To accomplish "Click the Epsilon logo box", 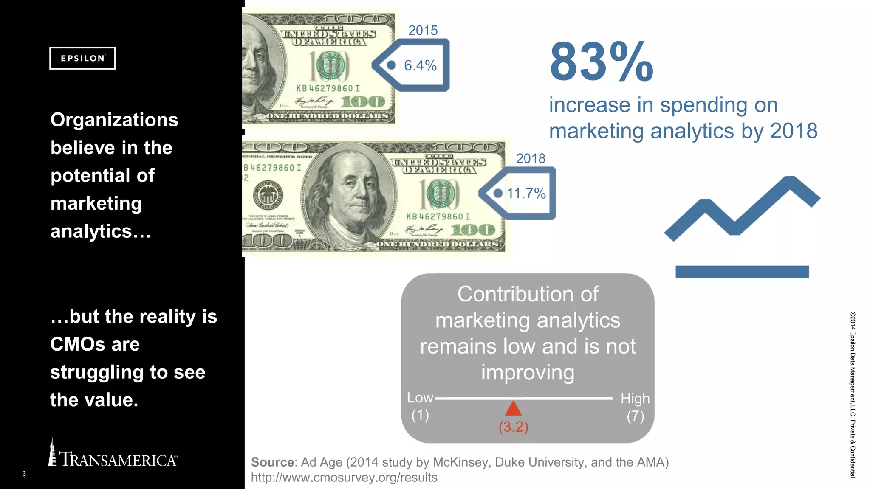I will (x=82, y=58).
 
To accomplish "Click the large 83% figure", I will (x=601, y=62).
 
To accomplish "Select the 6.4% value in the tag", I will (x=420, y=65).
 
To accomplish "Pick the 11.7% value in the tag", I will (x=526, y=194).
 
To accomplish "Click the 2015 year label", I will (x=423, y=31).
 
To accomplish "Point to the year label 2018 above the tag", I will (x=531, y=158).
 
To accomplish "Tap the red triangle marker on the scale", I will (x=513, y=408).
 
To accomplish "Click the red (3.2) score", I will (x=513, y=427).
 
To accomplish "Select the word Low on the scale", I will (x=420, y=398).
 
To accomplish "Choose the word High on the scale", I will (x=635, y=399).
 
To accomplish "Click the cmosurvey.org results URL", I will (x=344, y=478).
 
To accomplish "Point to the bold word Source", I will (x=272, y=462).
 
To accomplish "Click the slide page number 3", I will (x=24, y=474).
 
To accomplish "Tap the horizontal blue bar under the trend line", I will (x=742, y=272).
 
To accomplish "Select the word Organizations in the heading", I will (x=114, y=120).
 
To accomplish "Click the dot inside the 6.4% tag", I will (x=391, y=65).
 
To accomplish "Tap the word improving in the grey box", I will (x=528, y=373).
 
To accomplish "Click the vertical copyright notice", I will (x=853, y=395).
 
